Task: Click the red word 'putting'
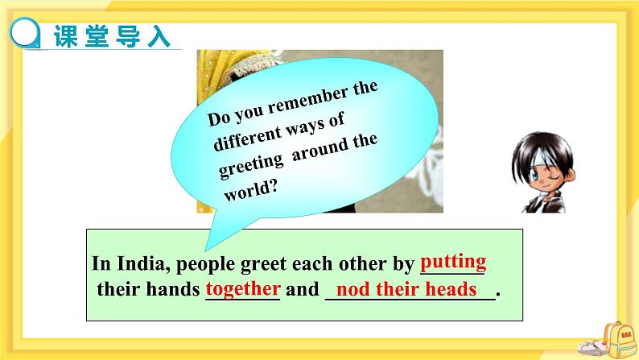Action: coord(453,262)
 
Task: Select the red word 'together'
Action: coord(243,288)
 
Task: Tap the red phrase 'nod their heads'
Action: coord(406,289)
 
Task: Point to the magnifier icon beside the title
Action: coord(27,35)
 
